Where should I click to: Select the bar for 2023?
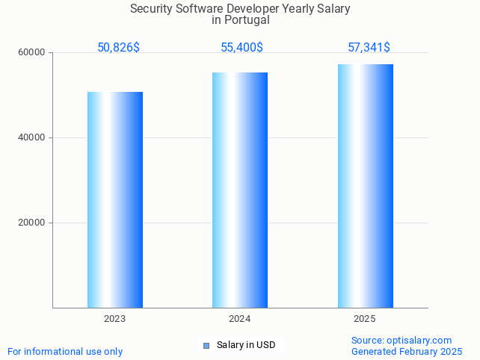pos(115,199)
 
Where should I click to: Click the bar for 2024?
pos(240,190)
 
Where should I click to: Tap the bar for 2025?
pos(365,186)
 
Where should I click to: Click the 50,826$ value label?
pos(118,48)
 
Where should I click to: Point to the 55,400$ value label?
pos(241,48)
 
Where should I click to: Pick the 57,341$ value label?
pos(369,48)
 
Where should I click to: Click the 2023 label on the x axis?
pos(114,319)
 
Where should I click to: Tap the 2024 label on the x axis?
pos(239,319)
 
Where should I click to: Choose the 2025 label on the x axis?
pos(364,319)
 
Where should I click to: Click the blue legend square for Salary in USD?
pos(206,345)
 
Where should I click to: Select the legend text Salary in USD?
pos(246,345)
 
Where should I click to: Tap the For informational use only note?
pos(65,352)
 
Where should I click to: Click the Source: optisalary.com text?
pos(401,341)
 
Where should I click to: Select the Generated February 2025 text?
pos(407,352)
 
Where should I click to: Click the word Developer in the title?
pos(250,9)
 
